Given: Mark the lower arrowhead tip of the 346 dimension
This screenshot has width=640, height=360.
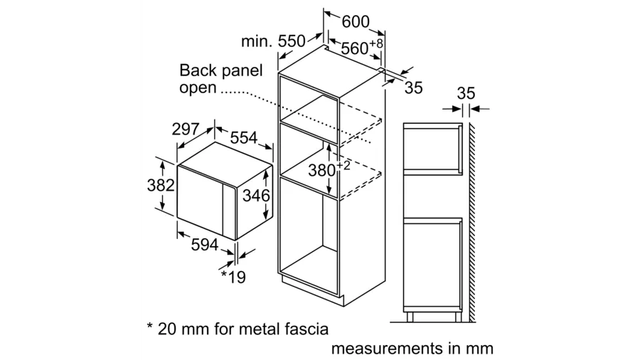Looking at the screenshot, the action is coord(266,221).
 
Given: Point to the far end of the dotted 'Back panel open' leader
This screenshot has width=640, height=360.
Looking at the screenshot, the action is coord(370,143).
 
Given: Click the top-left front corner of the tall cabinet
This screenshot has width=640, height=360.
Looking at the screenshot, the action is coord(278,73).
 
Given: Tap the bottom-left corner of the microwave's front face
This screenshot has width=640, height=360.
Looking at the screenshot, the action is coord(177,218).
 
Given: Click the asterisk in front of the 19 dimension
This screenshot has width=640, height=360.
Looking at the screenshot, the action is coord(224,273).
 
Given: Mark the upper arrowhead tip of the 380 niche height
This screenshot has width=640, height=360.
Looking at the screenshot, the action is coord(329,143).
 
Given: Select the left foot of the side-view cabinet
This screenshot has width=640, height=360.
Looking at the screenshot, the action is coord(410,317).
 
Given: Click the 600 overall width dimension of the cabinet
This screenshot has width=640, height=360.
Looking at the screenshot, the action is coord(356,21).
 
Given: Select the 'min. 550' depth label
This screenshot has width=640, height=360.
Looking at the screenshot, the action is coord(273,41).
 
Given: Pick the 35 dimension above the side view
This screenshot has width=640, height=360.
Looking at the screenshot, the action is coord(466,93).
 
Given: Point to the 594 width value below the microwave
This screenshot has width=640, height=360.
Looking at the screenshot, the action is coord(205,244).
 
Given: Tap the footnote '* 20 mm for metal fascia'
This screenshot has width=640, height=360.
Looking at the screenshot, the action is coord(238,329).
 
